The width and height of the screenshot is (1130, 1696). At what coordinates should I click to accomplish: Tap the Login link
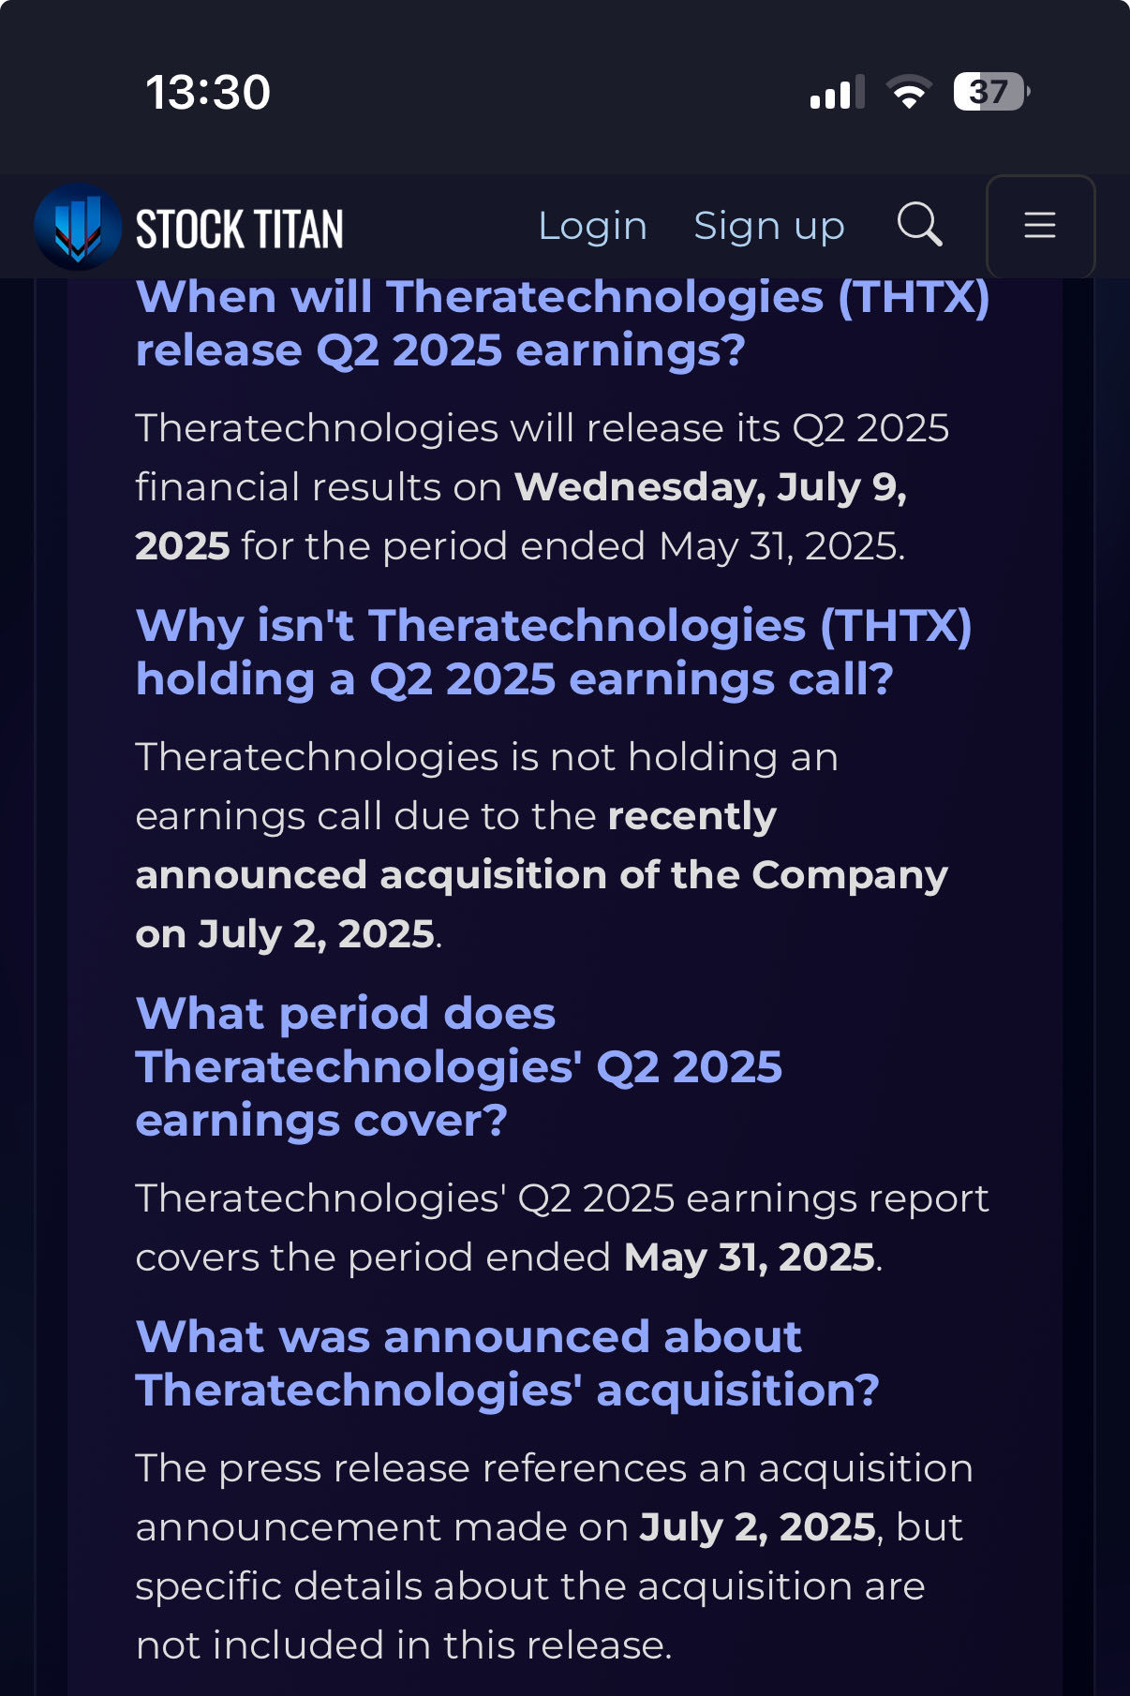point(592,226)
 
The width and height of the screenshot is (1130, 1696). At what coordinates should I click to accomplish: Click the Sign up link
point(769,227)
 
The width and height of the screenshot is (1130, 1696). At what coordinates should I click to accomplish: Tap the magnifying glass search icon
point(919,225)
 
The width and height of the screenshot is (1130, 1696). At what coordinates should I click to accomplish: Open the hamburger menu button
point(1040,226)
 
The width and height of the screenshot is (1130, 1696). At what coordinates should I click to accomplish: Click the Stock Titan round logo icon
point(78,227)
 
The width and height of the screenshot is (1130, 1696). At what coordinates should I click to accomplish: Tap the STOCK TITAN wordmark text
point(240,230)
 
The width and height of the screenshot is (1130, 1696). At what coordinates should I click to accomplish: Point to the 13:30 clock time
point(208,93)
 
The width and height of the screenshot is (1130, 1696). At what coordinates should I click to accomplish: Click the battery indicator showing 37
point(991,92)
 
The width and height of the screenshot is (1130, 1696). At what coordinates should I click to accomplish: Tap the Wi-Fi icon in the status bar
point(910,92)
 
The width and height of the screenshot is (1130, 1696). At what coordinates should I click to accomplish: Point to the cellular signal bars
point(837,93)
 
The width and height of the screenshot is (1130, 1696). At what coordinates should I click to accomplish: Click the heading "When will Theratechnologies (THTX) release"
point(563,323)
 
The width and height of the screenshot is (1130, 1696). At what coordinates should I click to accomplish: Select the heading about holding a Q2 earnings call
point(554,652)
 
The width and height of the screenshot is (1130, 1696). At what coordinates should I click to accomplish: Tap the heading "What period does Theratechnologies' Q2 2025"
point(459,1066)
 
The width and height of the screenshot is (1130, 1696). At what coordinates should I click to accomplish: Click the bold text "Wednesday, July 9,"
point(710,487)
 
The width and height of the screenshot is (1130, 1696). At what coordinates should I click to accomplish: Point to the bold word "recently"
point(692,817)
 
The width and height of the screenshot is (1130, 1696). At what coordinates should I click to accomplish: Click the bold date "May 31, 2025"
point(750,1257)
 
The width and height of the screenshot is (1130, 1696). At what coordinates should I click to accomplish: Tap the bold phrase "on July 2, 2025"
point(286,934)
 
